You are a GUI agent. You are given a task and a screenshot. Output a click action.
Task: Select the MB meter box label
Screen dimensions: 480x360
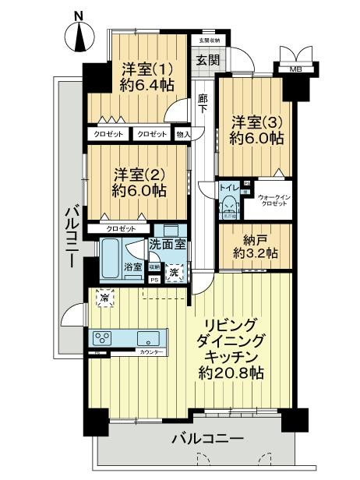(295, 70)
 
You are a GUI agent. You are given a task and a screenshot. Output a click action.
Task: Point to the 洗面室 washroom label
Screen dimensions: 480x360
(168, 244)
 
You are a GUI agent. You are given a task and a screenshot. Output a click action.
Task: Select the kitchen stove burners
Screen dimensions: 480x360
(104, 338)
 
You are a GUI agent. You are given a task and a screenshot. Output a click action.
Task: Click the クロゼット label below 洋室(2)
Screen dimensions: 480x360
(121, 228)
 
